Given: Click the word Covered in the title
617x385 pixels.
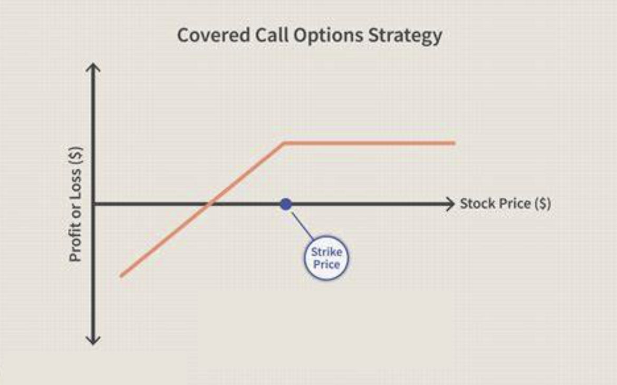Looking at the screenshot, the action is [213, 35].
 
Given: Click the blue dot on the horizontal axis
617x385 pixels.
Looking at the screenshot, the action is [286, 204].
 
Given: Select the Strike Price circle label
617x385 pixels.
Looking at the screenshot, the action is [326, 258].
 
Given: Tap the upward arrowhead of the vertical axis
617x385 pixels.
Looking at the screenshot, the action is [93, 68].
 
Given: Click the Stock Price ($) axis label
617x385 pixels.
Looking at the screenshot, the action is [505, 204].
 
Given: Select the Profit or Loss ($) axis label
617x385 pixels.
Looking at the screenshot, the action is [75, 204].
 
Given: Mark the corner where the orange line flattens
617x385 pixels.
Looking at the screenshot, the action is [284, 143].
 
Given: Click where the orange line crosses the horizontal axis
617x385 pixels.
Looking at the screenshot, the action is [209, 204].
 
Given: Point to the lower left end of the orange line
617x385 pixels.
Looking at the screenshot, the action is [121, 275].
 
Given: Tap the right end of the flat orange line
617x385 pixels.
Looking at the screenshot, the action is [455, 143].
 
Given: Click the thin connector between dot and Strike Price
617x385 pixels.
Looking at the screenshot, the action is [302, 226].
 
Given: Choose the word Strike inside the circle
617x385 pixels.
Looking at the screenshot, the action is [326, 252].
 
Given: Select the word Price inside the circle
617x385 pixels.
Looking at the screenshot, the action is [326, 264].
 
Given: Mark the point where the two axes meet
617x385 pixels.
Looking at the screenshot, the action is [93, 204].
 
